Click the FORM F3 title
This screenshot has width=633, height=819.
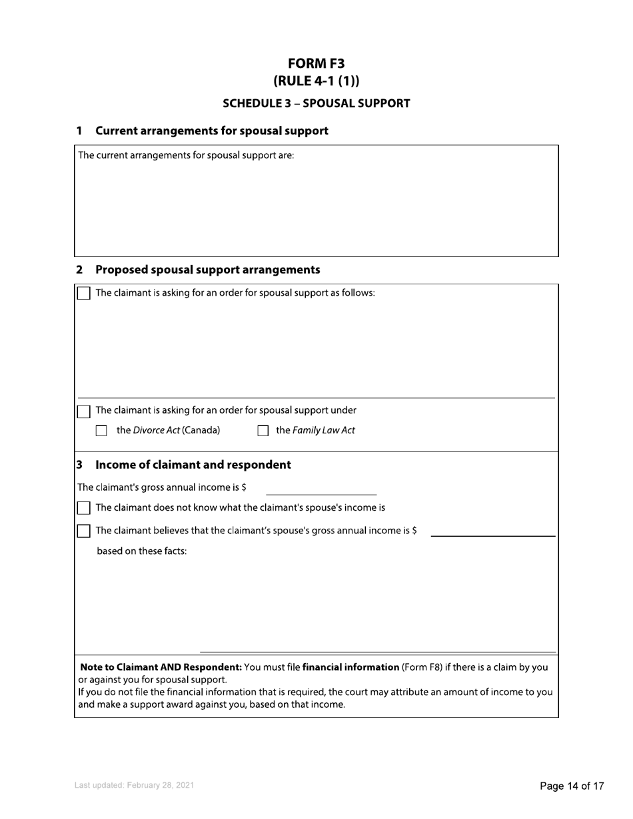point(316,63)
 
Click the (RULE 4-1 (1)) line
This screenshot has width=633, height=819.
point(316,81)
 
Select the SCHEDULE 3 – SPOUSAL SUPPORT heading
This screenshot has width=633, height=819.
point(316,103)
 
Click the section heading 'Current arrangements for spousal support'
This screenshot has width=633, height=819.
point(211,131)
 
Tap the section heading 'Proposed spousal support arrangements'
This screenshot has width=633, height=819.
point(207,270)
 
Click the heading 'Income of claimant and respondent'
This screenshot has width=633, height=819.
point(193,465)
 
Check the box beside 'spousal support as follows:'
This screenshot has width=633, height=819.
point(84,294)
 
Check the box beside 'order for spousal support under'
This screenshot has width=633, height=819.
point(84,411)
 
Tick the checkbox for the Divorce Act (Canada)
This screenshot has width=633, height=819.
point(101,431)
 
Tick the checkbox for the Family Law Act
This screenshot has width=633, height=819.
point(263,431)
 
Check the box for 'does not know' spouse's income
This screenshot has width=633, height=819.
point(84,509)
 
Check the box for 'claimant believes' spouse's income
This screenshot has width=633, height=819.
point(84,531)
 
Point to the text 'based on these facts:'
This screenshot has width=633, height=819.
point(142,551)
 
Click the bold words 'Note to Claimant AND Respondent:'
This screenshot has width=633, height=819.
point(161,667)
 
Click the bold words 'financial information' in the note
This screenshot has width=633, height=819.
point(350,667)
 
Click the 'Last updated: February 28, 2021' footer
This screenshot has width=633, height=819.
point(135,786)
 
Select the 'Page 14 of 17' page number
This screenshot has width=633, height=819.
point(572,786)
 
